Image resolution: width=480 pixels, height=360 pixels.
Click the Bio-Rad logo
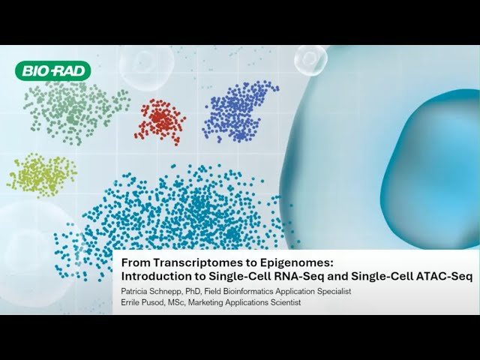click(52, 71)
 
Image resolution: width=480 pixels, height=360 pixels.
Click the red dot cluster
click(160, 120)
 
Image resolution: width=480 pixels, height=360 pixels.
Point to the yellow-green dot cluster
click(41, 174)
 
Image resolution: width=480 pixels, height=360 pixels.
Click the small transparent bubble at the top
click(310, 59)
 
